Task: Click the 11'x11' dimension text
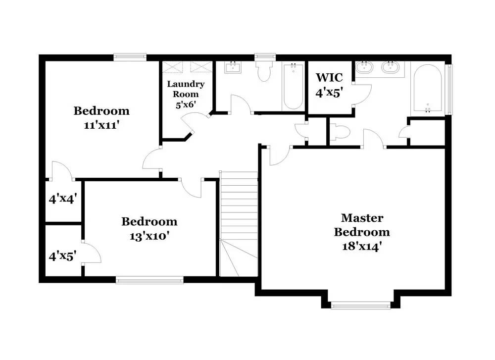tap(101, 125)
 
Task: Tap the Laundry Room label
tap(186, 89)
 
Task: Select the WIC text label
tap(329, 78)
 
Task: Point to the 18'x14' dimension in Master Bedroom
tap(361, 246)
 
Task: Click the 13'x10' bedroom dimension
tap(149, 236)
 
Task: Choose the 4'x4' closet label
tap(62, 200)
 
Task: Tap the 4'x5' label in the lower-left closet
tap(62, 256)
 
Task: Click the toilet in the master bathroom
tap(341, 132)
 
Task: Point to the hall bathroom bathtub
tap(293, 86)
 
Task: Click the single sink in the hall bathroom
tap(232, 67)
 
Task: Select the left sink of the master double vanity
tap(365, 67)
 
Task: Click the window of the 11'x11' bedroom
tap(130, 57)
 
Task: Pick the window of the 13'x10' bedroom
tap(149, 280)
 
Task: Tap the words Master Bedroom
tap(361, 225)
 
